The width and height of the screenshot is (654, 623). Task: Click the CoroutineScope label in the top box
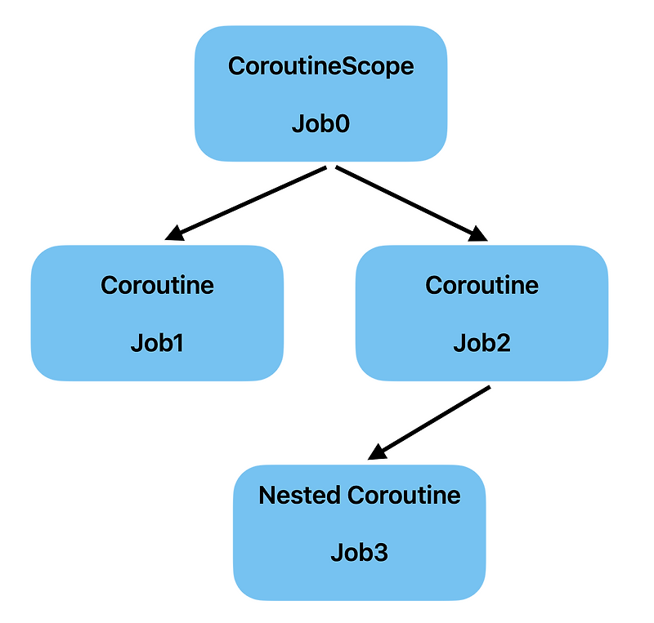320,67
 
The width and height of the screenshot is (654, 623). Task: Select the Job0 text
320,125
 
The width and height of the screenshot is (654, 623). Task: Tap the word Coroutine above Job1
157,285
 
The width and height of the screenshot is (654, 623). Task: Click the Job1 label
157,343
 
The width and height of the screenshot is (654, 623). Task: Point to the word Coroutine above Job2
482,285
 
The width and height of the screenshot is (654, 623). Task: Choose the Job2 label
482,343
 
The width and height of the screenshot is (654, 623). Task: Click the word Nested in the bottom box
299,495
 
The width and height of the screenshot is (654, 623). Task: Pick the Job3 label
359,553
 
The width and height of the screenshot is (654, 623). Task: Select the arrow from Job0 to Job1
245,203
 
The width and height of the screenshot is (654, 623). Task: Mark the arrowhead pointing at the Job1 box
174,235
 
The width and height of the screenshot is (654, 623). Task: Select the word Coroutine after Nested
404,495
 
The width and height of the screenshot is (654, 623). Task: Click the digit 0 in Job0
341,125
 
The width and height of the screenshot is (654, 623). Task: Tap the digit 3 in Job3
379,553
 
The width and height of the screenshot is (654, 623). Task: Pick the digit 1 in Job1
177,343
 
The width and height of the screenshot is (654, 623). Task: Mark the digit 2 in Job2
503,343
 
